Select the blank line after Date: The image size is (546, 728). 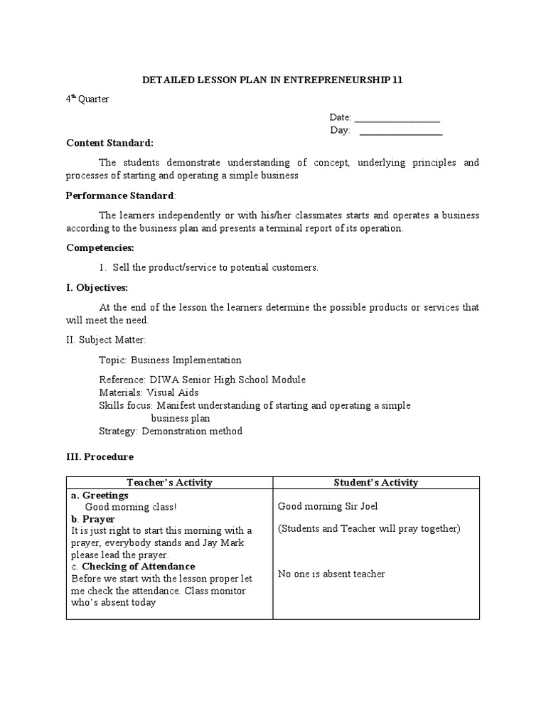pos(397,118)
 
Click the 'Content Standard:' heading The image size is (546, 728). pos(109,143)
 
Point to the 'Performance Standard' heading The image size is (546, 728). pos(119,196)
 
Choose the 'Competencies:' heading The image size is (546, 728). pos(100,248)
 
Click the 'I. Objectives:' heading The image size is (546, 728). pos(97,288)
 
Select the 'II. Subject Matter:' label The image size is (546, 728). pos(107,341)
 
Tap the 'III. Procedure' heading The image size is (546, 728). pos(100,457)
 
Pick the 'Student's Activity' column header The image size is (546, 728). pos(376,483)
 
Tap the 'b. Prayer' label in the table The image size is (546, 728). pos(93,519)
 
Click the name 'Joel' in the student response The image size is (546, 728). pos(368,506)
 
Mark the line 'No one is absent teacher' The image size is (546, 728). pos(331,574)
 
